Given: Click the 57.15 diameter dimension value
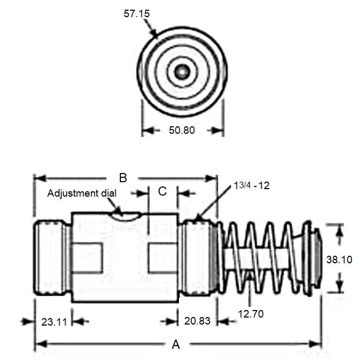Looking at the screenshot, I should click(138, 13).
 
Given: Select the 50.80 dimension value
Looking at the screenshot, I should click(181, 130).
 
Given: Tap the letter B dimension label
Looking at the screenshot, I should click(123, 177).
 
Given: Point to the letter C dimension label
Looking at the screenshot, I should click(162, 191).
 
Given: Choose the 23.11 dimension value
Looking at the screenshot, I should click(54, 322).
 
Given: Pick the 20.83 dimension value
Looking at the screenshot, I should click(197, 322).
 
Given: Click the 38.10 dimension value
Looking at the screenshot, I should click(339, 260).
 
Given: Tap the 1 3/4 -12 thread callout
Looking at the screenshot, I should click(251, 185).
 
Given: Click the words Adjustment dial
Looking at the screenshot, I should click(81, 193).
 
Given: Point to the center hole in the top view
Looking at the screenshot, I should click(182, 71).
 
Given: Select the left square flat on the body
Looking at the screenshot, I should click(86, 255).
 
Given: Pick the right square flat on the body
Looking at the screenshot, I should click(163, 255).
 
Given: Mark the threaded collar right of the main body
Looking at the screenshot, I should click(198, 255).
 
